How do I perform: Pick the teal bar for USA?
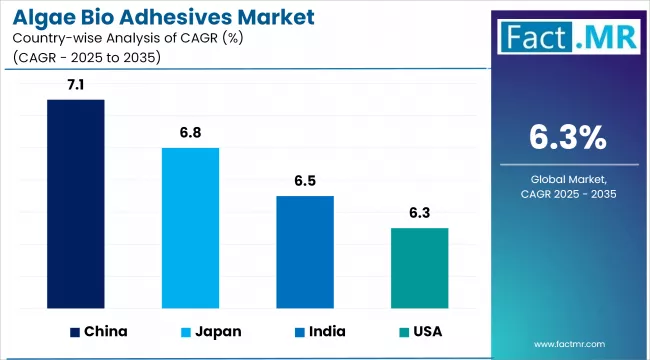[419, 267]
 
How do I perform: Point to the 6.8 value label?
[190, 134]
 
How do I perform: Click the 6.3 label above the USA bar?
[419, 214]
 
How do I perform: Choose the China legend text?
[106, 331]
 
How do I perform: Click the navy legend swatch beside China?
[74, 331]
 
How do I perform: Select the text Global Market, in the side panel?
[567, 178]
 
